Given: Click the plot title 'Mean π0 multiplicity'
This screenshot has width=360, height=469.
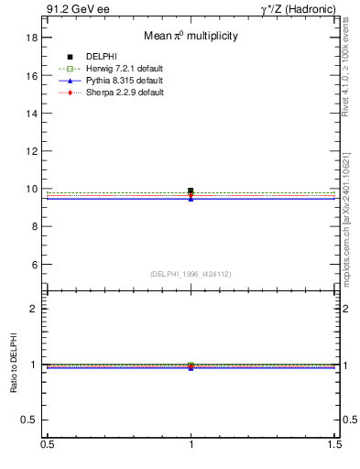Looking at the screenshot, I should coord(191,37).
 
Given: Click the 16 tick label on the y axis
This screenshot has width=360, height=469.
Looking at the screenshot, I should coord(31,76).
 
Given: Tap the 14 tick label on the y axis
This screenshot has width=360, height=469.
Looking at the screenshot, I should coord(31,114).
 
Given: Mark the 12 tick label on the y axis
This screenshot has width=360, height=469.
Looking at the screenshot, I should coord(31,151).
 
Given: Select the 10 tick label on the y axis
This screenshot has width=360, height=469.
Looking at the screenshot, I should coord(31,189).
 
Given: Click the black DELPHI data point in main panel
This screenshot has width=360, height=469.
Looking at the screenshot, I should coord(191,191).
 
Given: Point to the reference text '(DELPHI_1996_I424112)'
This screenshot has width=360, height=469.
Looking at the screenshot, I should coord(191,273).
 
